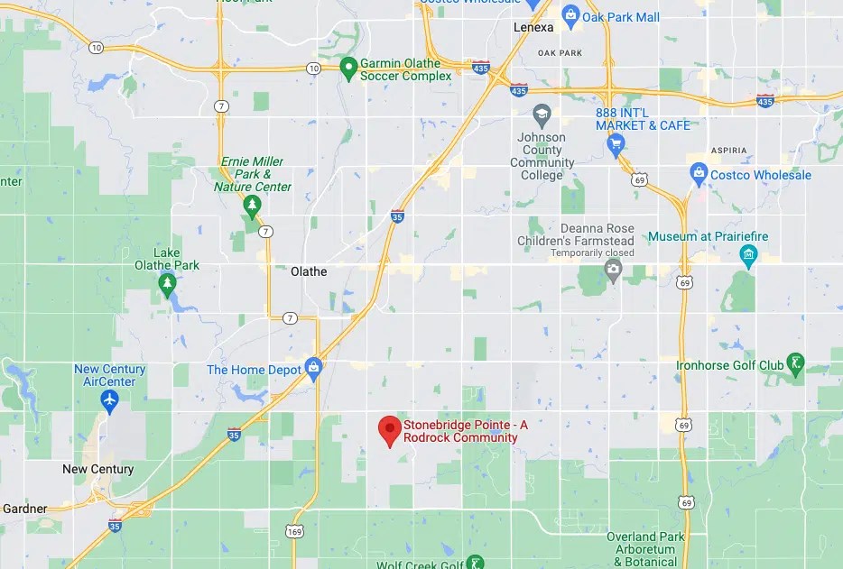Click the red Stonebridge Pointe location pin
click(389, 429)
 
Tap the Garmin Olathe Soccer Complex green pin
click(348, 69)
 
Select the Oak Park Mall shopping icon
click(570, 15)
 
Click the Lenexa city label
click(533, 27)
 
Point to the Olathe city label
click(309, 271)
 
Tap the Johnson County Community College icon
click(542, 115)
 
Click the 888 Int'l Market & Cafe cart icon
click(616, 143)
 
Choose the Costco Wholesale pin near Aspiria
click(698, 173)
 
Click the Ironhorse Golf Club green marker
click(795, 363)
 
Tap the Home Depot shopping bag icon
click(313, 367)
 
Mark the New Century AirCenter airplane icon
click(110, 399)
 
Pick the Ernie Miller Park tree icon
click(253, 207)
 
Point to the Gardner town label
click(24, 509)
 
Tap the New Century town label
click(97, 469)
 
